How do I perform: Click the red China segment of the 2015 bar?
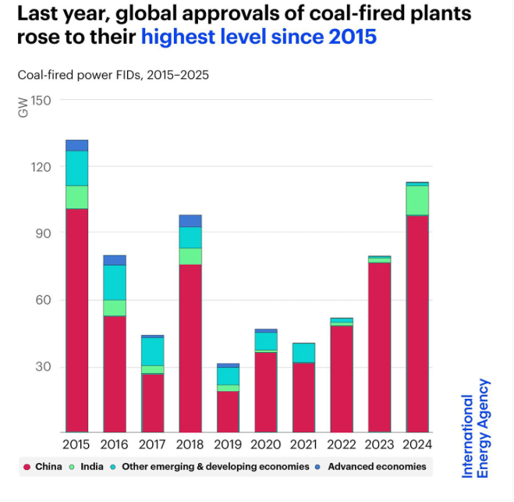[76, 320]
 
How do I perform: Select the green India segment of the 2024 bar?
[417, 200]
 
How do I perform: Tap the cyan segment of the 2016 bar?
[115, 283]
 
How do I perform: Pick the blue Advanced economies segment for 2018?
[190, 221]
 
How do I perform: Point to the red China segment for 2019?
[228, 411]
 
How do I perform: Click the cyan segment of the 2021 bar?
[304, 352]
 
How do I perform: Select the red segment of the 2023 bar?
[380, 347]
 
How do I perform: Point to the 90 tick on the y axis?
[44, 233]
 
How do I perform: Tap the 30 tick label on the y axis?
[44, 367]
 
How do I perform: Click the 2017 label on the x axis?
[153, 446]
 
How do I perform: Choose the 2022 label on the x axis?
[342, 446]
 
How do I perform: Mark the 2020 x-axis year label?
[266, 446]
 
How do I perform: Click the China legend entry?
[43, 467]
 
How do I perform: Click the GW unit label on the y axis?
[23, 108]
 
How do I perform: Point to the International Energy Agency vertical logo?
[476, 428]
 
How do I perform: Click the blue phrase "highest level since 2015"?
[259, 37]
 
